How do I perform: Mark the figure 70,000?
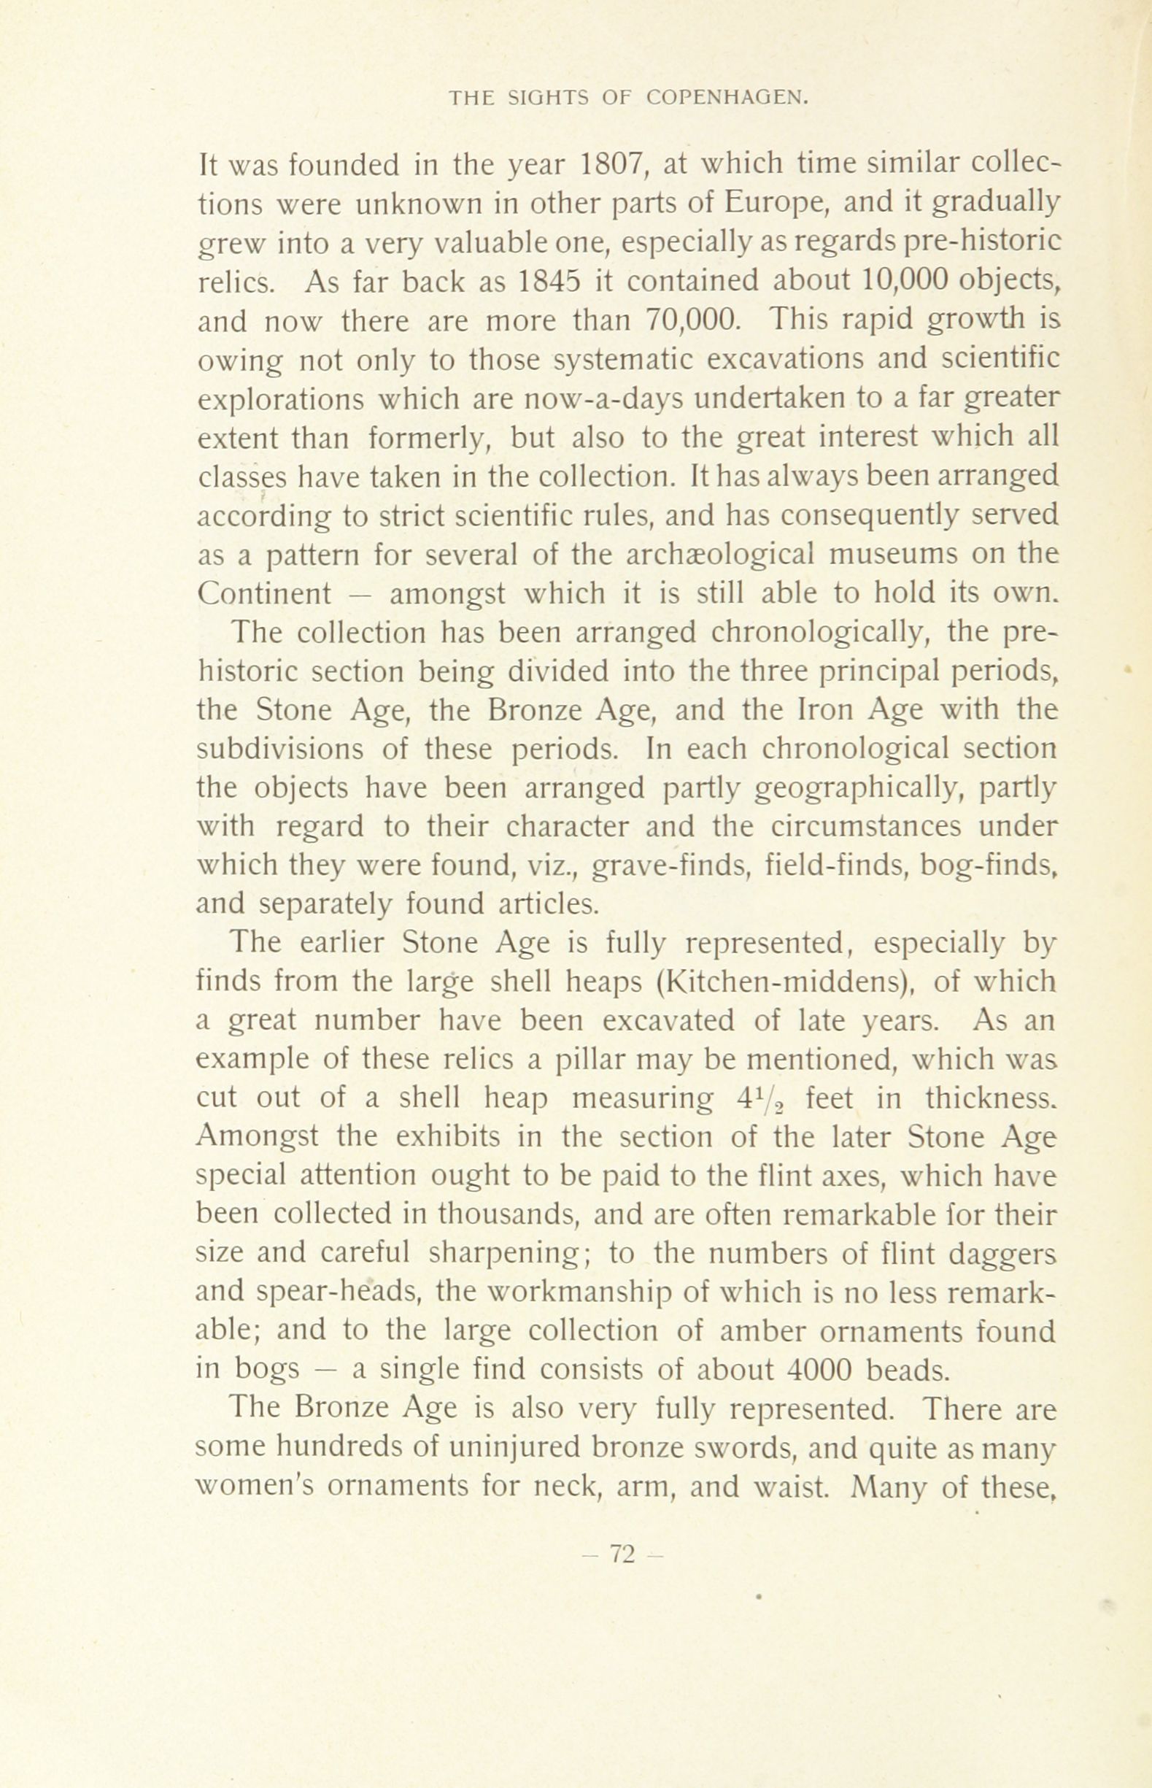pyautogui.click(x=691, y=321)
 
